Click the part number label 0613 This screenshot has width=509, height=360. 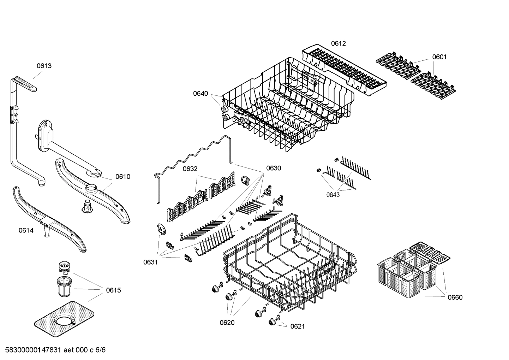click(44, 66)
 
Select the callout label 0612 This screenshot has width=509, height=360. click(338, 43)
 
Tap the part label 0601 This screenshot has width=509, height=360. click(439, 57)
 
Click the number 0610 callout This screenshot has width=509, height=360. click(123, 177)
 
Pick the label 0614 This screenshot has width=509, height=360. click(26, 231)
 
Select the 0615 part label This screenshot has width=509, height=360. click(113, 290)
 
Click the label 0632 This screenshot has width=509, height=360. click(190, 169)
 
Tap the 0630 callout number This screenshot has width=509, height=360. click(274, 168)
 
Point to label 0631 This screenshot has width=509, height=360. click(151, 262)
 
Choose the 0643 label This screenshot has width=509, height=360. click(333, 195)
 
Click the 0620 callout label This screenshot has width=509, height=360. click(227, 323)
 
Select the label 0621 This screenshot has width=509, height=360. click(297, 326)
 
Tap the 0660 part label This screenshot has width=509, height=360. click(455, 297)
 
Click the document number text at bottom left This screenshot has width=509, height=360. click(53, 350)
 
